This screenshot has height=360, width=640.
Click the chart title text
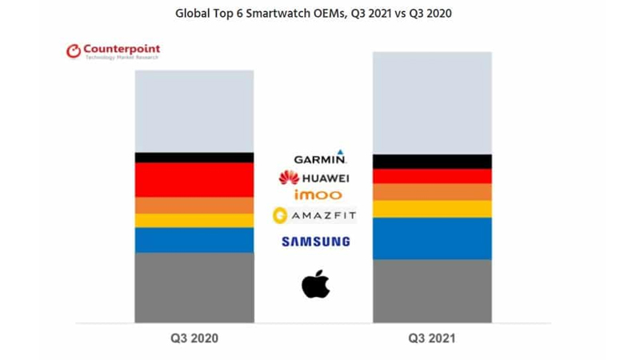(320, 14)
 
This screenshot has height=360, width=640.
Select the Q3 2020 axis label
(194, 338)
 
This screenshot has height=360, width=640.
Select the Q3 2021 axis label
(432, 338)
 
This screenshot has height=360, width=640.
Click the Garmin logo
(319, 158)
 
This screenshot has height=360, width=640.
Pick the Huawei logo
(314, 177)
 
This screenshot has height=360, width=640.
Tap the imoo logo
(318, 194)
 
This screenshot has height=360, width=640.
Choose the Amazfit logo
(314, 214)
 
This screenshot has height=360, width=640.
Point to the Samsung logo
(315, 241)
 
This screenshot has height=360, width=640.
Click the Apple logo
(316, 284)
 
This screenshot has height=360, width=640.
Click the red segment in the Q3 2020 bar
(194, 179)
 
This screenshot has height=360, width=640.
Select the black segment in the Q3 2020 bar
(194, 157)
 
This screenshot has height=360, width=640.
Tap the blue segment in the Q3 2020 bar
(194, 240)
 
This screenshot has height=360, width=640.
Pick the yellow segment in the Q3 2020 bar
(194, 220)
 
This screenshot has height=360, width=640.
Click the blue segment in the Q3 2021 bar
(432, 238)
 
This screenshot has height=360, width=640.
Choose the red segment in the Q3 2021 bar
(432, 176)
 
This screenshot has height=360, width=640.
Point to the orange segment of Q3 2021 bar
(432, 192)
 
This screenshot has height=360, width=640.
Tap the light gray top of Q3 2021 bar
(432, 102)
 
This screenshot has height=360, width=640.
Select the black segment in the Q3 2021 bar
(432, 161)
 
